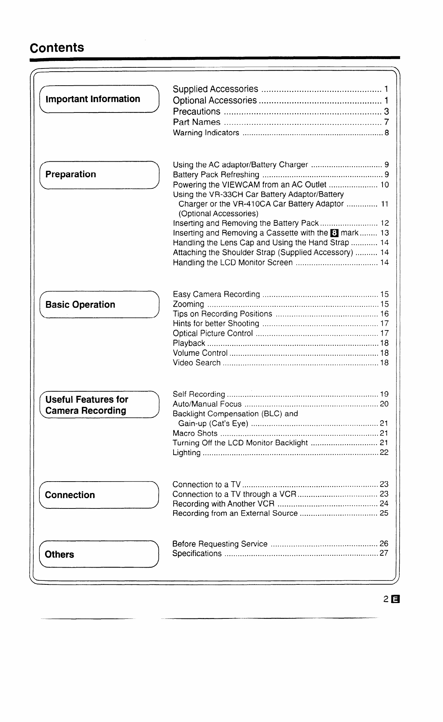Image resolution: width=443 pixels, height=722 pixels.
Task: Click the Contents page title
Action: click(57, 48)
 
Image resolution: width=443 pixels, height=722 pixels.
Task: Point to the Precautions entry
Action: click(196, 111)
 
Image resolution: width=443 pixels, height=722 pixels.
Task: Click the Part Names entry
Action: click(196, 122)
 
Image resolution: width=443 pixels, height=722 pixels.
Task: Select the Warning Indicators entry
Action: click(206, 133)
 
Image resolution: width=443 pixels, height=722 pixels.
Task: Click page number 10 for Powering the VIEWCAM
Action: click(384, 185)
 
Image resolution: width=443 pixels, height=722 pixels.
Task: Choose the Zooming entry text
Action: click(188, 304)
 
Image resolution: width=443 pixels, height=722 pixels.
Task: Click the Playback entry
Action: click(189, 343)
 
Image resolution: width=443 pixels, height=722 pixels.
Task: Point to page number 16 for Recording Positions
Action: click(384, 314)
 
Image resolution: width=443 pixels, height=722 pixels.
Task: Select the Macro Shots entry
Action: click(195, 433)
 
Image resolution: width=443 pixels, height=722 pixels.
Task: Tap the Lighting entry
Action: click(186, 453)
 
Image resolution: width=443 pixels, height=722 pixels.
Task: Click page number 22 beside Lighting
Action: click(384, 453)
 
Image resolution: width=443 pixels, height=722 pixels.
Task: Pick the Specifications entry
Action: click(197, 554)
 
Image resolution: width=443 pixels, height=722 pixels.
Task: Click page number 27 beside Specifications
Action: click(384, 553)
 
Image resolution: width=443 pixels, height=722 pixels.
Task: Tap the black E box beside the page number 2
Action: click(395, 599)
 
